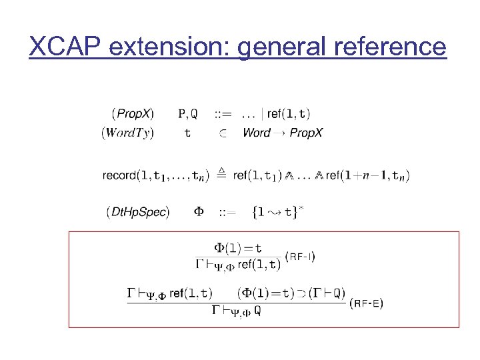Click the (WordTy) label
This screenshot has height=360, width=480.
(127, 133)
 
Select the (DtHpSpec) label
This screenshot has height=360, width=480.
(138, 212)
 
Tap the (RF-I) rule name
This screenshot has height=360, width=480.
(299, 257)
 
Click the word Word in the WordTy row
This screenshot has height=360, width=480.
(256, 133)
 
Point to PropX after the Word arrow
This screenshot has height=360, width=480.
(306, 133)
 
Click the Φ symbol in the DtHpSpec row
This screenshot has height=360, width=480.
(199, 212)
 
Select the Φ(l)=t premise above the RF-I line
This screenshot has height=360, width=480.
(237, 248)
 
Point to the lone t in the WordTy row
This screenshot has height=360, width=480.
(187, 133)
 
